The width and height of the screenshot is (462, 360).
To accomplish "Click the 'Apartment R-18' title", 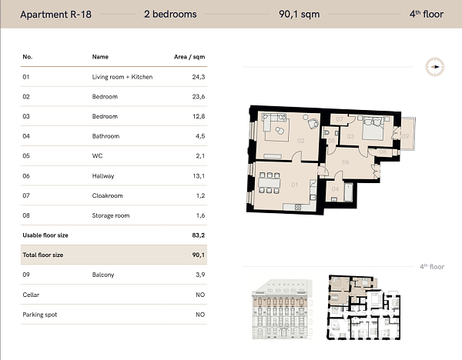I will [x=55, y=14].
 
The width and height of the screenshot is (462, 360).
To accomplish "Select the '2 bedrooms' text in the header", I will [x=170, y=14].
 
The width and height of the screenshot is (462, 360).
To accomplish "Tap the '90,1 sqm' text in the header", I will [x=300, y=14].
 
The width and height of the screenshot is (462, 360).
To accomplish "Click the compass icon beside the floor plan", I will [x=436, y=67].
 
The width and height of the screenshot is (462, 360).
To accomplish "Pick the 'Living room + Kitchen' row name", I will [x=122, y=77].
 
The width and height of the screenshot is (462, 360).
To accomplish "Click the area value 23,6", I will [x=198, y=97].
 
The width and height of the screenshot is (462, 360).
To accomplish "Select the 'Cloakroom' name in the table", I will [x=107, y=195].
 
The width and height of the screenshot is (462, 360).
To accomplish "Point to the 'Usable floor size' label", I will [x=46, y=235].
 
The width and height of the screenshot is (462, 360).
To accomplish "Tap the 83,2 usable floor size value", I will [x=198, y=235].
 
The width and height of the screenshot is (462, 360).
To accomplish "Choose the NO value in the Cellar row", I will [x=200, y=295].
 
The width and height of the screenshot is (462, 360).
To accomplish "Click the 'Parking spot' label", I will [x=40, y=315].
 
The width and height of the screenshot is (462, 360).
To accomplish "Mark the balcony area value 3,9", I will [x=199, y=275].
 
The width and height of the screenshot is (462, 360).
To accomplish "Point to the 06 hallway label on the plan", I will [x=346, y=162].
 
